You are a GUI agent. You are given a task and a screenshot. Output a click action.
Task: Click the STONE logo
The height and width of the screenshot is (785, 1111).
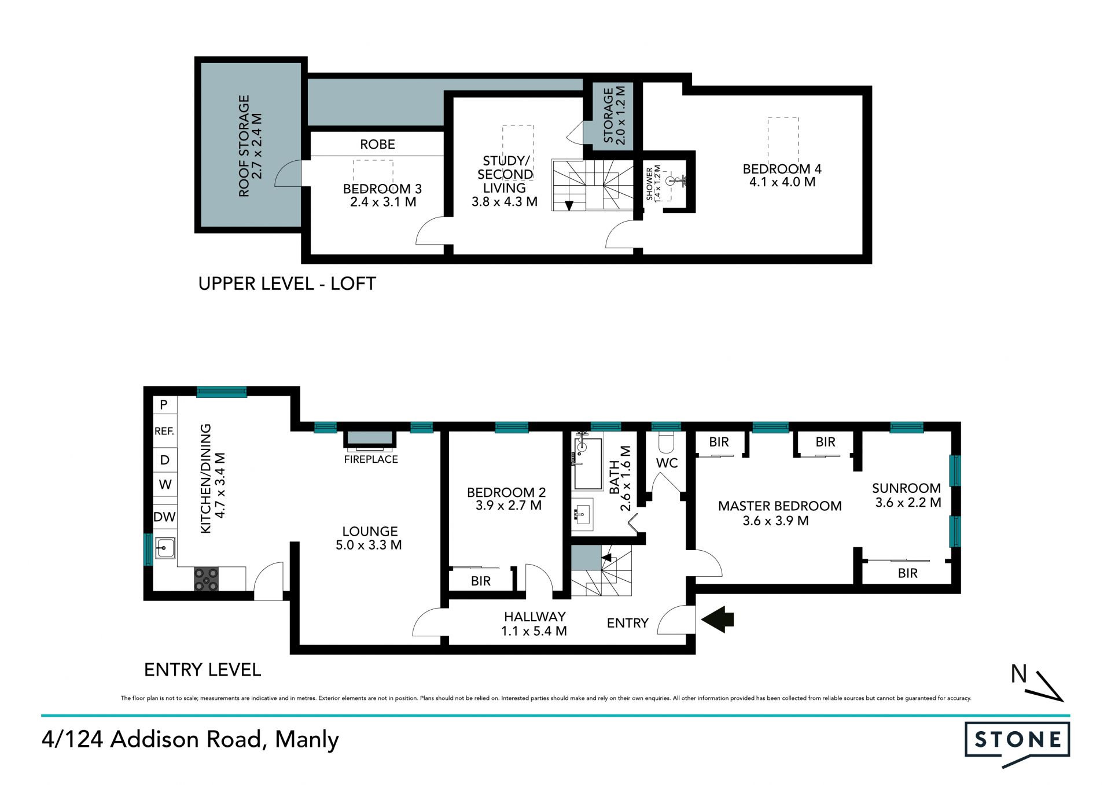click(x=1017, y=743)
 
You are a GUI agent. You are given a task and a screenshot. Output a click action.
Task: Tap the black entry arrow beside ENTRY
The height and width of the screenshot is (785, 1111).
click(x=718, y=620)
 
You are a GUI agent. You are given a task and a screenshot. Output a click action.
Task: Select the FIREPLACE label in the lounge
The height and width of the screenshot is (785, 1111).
click(x=371, y=459)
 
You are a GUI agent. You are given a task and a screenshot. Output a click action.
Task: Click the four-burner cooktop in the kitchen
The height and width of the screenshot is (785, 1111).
click(x=206, y=579)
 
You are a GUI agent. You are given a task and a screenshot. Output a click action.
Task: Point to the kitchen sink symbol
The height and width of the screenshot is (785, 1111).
click(x=165, y=547)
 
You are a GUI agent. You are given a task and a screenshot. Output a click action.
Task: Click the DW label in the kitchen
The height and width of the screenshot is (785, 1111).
click(x=164, y=517)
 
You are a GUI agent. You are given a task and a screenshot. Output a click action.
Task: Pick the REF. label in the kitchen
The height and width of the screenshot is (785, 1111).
click(x=164, y=431)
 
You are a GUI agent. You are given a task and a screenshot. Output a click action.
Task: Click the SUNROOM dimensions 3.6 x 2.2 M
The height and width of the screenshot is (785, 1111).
click(x=908, y=503)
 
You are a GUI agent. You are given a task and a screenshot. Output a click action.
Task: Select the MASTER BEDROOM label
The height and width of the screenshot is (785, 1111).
click(x=779, y=506)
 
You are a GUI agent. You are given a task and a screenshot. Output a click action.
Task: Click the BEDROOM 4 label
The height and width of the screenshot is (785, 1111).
click(x=782, y=169)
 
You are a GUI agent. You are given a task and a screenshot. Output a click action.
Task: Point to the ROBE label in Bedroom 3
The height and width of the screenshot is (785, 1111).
click(x=377, y=144)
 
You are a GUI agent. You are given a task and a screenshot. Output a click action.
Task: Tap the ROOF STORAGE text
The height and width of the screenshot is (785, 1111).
click(x=244, y=146)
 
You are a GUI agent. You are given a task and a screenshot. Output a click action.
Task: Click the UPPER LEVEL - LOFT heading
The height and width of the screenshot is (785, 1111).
click(x=287, y=283)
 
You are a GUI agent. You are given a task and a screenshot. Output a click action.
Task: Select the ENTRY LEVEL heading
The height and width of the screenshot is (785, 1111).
click(x=203, y=669)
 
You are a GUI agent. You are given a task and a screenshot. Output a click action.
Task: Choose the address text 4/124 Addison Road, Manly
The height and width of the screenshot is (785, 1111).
click(x=190, y=740)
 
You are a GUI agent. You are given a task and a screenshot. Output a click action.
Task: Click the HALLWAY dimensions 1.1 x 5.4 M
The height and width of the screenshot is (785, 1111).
click(x=534, y=631)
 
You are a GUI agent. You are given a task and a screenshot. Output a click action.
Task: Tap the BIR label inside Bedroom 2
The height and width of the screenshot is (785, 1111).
click(x=481, y=581)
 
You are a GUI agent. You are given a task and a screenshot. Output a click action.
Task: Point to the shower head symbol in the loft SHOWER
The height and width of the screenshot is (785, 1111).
click(x=672, y=181)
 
